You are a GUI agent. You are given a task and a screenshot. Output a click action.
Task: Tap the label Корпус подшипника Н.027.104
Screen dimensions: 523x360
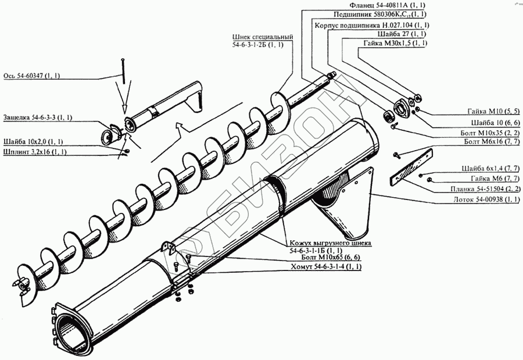point(371,26)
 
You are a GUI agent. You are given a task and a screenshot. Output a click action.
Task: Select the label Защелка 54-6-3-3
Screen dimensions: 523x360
point(37,117)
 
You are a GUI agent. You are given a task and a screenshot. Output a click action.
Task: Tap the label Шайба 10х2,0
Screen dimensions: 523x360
point(33,141)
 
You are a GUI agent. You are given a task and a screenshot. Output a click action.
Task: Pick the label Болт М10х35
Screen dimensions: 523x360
point(489,133)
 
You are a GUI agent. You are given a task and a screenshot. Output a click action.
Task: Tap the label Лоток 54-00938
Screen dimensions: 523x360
point(486,199)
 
